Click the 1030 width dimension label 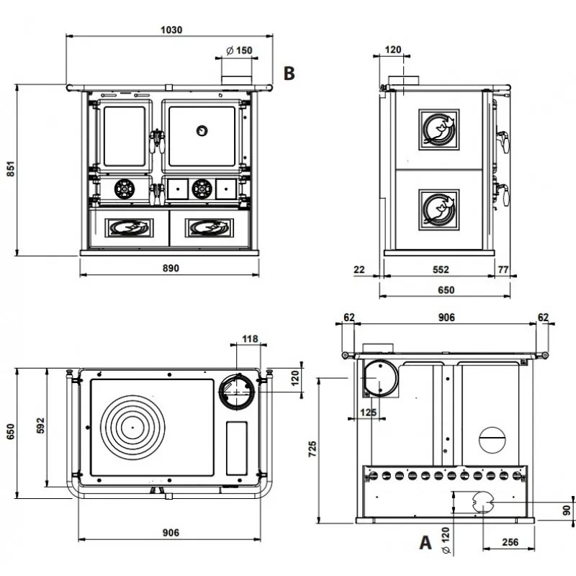[171, 30]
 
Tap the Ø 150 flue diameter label [239, 50]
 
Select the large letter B [289, 73]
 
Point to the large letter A [425, 542]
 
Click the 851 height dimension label [11, 168]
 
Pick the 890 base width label [171, 268]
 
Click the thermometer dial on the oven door [202, 130]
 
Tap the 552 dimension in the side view [441, 269]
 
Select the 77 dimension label [503, 269]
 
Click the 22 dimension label [359, 269]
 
